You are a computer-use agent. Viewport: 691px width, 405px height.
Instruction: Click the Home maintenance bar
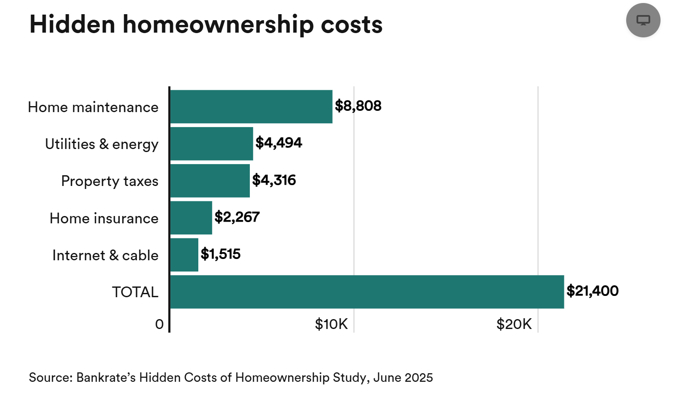click(251, 107)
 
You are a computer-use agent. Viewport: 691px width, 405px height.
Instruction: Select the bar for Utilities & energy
click(212, 143)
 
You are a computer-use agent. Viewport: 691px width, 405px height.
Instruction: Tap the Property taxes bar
click(210, 181)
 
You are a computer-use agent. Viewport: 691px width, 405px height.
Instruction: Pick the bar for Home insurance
click(191, 218)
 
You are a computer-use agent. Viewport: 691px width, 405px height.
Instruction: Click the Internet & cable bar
click(184, 255)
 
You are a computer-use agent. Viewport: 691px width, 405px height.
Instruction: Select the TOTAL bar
click(367, 292)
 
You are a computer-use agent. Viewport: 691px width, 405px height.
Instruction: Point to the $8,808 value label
click(358, 106)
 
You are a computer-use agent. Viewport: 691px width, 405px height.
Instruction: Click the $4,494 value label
click(279, 143)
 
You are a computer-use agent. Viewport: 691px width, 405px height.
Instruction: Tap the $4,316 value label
click(274, 180)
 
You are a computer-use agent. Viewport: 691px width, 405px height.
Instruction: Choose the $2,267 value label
click(237, 217)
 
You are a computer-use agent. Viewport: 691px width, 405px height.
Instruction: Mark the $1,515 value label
click(221, 254)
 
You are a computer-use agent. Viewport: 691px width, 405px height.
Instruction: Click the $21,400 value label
click(592, 291)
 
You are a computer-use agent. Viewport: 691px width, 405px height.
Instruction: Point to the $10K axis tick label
click(331, 324)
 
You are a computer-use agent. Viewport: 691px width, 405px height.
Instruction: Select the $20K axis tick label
click(514, 324)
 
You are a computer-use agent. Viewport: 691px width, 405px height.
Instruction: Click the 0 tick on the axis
click(159, 324)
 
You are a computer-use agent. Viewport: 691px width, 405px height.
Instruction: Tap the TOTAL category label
click(135, 292)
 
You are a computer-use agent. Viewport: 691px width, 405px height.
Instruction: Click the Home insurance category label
click(104, 218)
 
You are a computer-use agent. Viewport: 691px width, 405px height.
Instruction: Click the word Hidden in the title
click(72, 24)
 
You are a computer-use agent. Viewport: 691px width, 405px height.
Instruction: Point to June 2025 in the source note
click(403, 378)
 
